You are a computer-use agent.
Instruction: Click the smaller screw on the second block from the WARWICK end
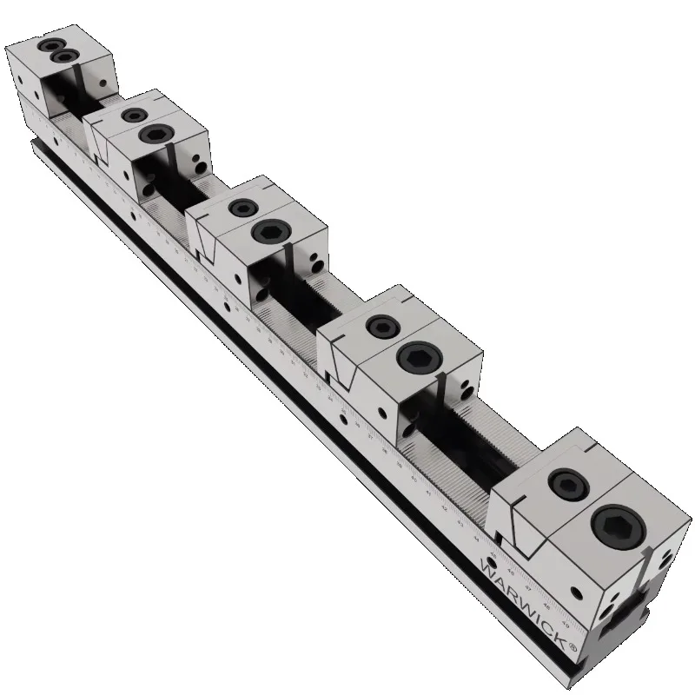pos(381,326)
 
